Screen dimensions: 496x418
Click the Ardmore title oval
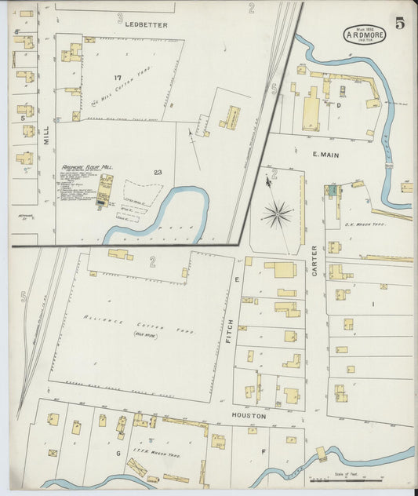point(364,35)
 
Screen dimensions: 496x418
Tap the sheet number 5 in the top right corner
point(400,23)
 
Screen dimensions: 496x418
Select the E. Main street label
point(325,155)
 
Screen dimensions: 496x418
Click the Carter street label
point(314,259)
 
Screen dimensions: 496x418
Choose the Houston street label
point(249,415)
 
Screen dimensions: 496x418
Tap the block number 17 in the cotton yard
point(117,77)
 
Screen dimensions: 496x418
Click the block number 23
point(158,172)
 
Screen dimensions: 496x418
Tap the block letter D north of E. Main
point(339,104)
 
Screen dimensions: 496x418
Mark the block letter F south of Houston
point(264,451)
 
